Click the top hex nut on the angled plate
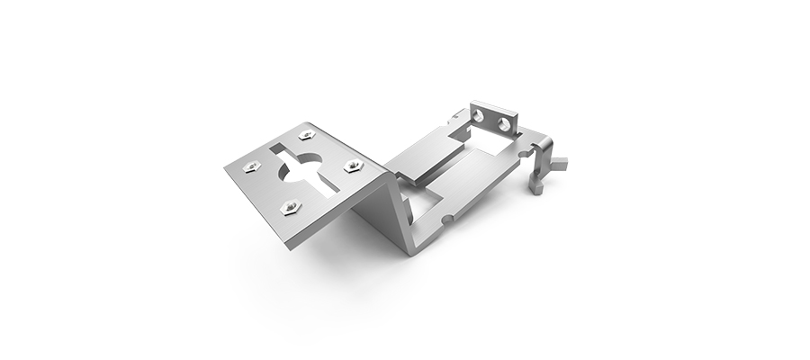tap(307, 134)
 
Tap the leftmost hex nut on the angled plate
tap(254, 166)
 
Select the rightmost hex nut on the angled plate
tap(354, 165)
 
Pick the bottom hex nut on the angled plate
tap(290, 206)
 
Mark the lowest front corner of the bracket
tap(412, 252)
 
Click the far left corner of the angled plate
tap(225, 166)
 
